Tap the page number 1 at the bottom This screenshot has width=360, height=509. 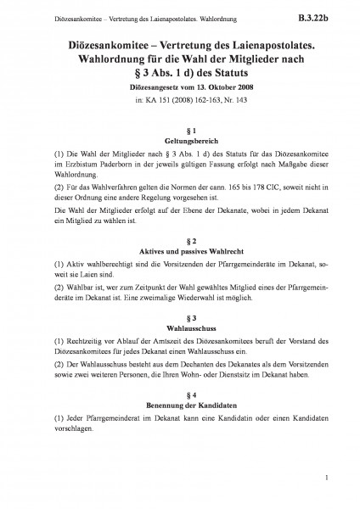tap(325, 484)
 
